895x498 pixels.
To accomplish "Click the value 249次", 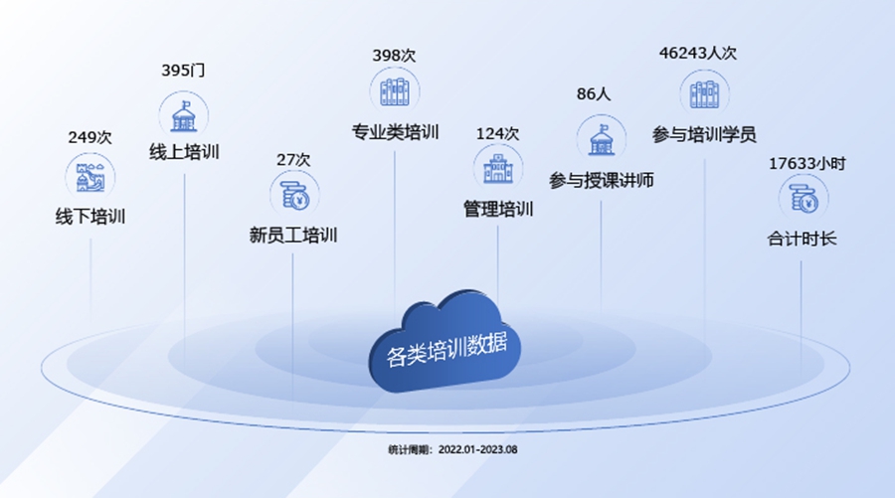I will click(89, 137).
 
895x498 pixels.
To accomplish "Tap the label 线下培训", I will click(89, 216).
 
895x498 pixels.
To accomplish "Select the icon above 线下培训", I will click(89, 178).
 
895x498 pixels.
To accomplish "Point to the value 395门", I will click(183, 72).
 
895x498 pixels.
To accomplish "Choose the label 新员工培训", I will click(293, 236).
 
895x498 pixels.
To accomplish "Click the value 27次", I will click(293, 159).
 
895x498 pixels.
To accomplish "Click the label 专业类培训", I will click(395, 131).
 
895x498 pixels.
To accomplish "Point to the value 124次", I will click(497, 133).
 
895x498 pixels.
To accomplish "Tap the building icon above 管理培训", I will click(497, 168).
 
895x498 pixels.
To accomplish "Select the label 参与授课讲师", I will click(601, 181).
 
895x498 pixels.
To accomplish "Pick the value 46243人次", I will click(704, 53).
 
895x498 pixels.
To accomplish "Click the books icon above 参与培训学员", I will click(704, 94).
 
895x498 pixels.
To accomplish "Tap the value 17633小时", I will click(805, 163).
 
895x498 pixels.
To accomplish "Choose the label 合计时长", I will click(802, 240).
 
